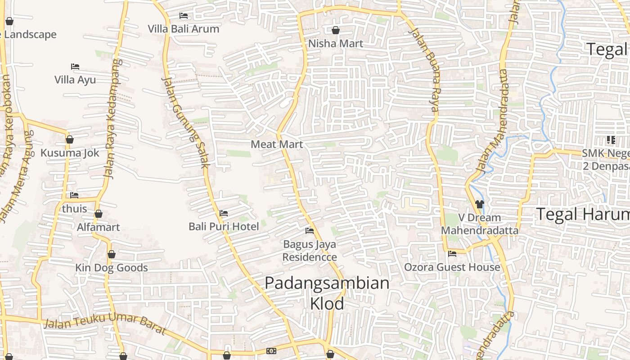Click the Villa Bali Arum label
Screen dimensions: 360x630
[184, 29]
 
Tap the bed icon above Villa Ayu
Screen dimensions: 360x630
[75, 67]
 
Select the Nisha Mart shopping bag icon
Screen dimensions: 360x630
[335, 30]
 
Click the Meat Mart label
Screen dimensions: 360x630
[277, 144]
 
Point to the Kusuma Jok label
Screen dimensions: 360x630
[70, 153]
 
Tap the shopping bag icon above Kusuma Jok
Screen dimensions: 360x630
[69, 139]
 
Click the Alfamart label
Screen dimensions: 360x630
[99, 227]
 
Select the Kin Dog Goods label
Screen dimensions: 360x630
[111, 268]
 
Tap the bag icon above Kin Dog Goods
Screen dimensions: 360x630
[111, 255]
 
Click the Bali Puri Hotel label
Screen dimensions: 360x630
[224, 226]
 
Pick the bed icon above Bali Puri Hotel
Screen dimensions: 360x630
[224, 213]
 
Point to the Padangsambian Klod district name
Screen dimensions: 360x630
[327, 293]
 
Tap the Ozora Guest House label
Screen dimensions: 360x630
[452, 267]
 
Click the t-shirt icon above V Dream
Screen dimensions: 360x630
[479, 204]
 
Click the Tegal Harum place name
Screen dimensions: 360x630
[582, 215]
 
